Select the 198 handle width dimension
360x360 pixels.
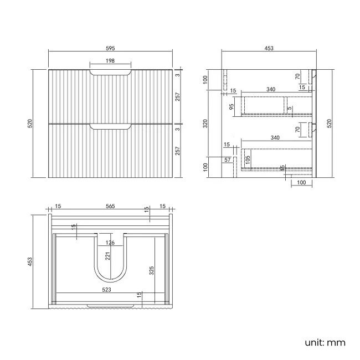tap(110, 61)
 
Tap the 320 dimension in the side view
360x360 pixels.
tap(204, 123)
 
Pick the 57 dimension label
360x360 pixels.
tap(227, 160)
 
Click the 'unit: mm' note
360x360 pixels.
tap(325, 342)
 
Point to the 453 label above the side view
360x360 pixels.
tap(269, 48)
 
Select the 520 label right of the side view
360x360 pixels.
tap(329, 123)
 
